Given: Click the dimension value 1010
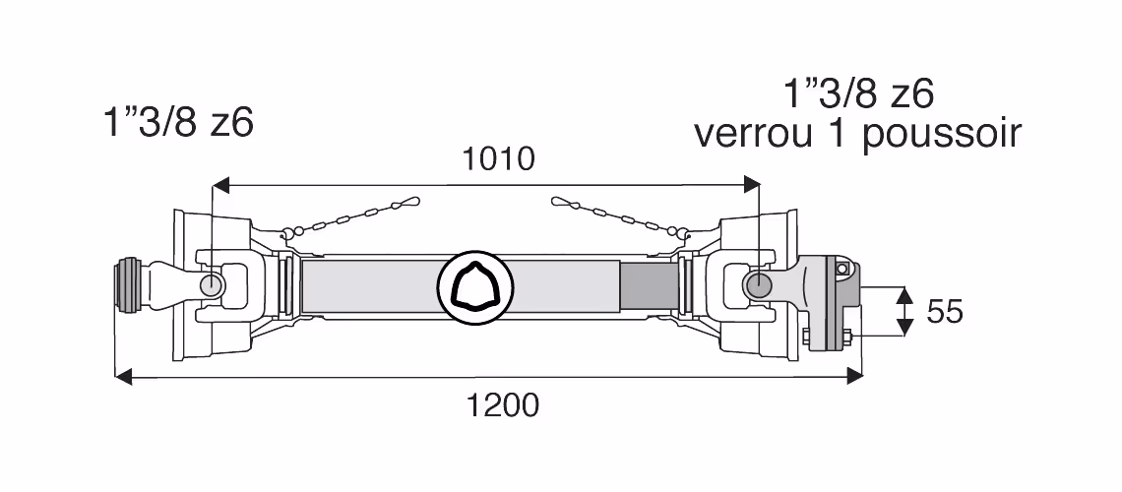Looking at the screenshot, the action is click(x=499, y=158).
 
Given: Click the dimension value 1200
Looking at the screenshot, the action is click(x=503, y=405).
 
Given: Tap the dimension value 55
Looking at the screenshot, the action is click(x=945, y=312).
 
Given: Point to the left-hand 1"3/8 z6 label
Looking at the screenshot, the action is click(x=179, y=122).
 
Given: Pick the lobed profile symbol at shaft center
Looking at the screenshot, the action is click(x=473, y=286).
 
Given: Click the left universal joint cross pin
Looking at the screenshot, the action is click(x=213, y=284).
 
